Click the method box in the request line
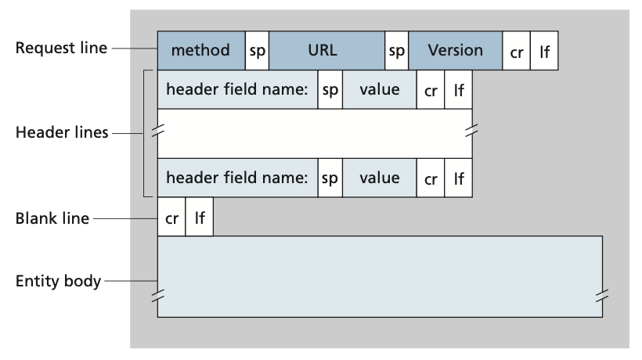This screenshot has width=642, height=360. pos(201,51)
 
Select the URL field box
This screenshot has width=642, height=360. pos(326,51)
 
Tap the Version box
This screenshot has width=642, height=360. pos(455,51)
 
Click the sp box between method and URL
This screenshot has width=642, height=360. pos(258,51)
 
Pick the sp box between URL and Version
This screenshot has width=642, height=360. pos(396,51)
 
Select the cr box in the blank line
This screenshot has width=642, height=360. pos(171,218)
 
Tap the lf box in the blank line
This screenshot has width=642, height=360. pos(199,218)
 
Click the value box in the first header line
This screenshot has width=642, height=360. pos(379,90)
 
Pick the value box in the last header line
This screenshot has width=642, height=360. pos(379,178)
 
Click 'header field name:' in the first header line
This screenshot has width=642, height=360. pos(236,90)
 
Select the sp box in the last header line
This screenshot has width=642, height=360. pos(330,178)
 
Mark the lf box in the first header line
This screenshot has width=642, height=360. pos(458,90)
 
